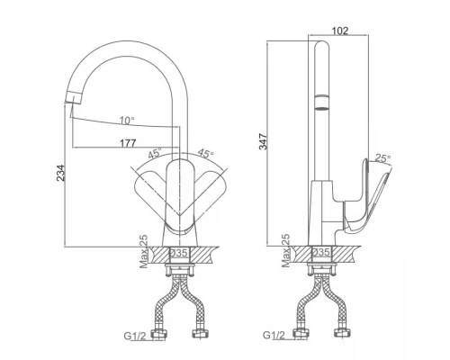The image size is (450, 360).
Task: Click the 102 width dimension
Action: (340, 31)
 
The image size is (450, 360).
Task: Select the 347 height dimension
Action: (263, 141)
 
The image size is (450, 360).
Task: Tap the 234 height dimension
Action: (60, 173)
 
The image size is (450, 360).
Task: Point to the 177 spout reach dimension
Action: (128, 143)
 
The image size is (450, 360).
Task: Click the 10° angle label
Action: (127, 121)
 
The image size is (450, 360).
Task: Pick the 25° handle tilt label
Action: (383, 158)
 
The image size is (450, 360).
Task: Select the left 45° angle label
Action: (155, 153)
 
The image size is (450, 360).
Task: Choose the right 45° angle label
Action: (205, 153)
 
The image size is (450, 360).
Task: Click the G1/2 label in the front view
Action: (135, 336)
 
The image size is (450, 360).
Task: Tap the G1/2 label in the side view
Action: (274, 335)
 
